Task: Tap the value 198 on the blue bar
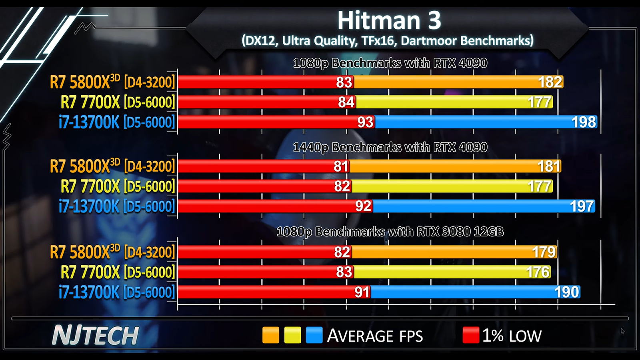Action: pyautogui.click(x=584, y=122)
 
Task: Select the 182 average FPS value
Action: pyautogui.click(x=550, y=82)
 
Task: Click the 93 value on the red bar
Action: pyautogui.click(x=365, y=122)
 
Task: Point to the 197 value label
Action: pyautogui.click(x=582, y=206)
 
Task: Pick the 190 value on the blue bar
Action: pyautogui.click(x=567, y=292)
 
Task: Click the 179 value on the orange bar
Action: pyautogui.click(x=544, y=252)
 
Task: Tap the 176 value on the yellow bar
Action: pyautogui.click(x=538, y=272)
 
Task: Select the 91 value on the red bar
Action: pyautogui.click(x=362, y=292)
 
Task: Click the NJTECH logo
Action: pyautogui.click(x=95, y=335)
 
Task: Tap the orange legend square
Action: pyautogui.click(x=270, y=335)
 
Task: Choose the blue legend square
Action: pyautogui.click(x=314, y=335)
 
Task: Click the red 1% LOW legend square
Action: pyautogui.click(x=471, y=335)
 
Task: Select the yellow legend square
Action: pyautogui.click(x=292, y=335)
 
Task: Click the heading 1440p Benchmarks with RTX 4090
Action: pyautogui.click(x=390, y=147)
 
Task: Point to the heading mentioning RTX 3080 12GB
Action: pyautogui.click(x=390, y=232)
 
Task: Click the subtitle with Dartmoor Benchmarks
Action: pyautogui.click(x=387, y=40)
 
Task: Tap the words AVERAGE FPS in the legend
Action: pyautogui.click(x=375, y=336)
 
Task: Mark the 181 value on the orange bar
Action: pyautogui.click(x=548, y=166)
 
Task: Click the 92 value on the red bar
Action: pyautogui.click(x=363, y=206)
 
